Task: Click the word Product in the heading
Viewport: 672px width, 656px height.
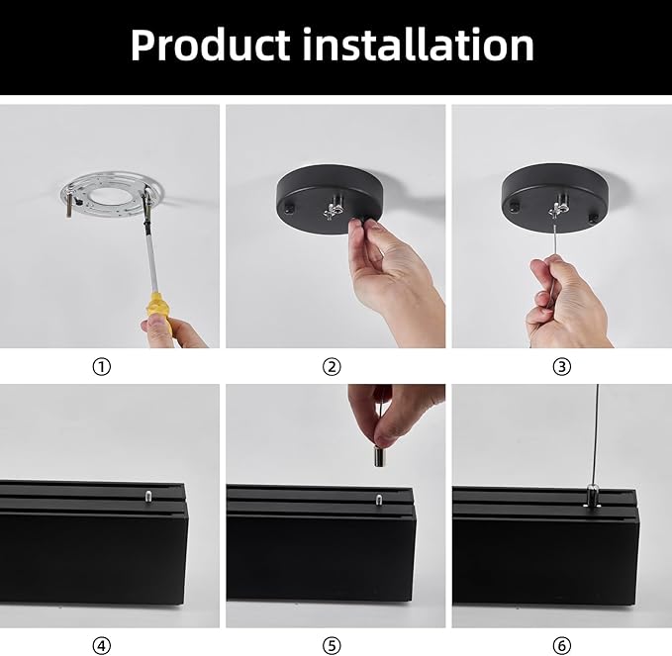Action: click(211, 45)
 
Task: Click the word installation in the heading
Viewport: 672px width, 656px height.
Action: click(419, 45)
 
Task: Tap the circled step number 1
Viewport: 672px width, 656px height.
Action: click(102, 367)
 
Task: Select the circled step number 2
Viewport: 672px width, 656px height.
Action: click(332, 367)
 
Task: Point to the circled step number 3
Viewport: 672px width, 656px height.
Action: click(562, 367)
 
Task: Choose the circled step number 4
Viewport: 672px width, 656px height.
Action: click(102, 646)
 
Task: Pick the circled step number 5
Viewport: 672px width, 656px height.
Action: click(332, 646)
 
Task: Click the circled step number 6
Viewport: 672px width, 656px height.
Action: click(562, 646)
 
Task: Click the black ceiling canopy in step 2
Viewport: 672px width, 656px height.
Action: click(330, 199)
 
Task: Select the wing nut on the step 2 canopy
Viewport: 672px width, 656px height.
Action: click(334, 208)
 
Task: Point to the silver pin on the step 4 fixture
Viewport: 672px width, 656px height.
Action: click(148, 495)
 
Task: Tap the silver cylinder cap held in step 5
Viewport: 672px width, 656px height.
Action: click(379, 456)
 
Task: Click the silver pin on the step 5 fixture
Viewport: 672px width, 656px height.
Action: click(378, 499)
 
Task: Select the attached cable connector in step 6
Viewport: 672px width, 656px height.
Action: click(592, 495)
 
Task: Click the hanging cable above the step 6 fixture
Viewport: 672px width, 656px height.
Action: click(595, 433)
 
